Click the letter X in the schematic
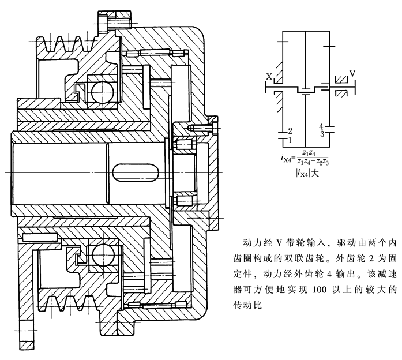(x=269, y=76)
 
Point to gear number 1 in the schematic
(x=290, y=140)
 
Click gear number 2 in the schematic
(x=290, y=132)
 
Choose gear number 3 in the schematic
(x=321, y=134)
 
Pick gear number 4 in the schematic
(x=321, y=126)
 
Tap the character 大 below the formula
(x=317, y=172)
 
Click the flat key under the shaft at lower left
(x=39, y=237)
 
